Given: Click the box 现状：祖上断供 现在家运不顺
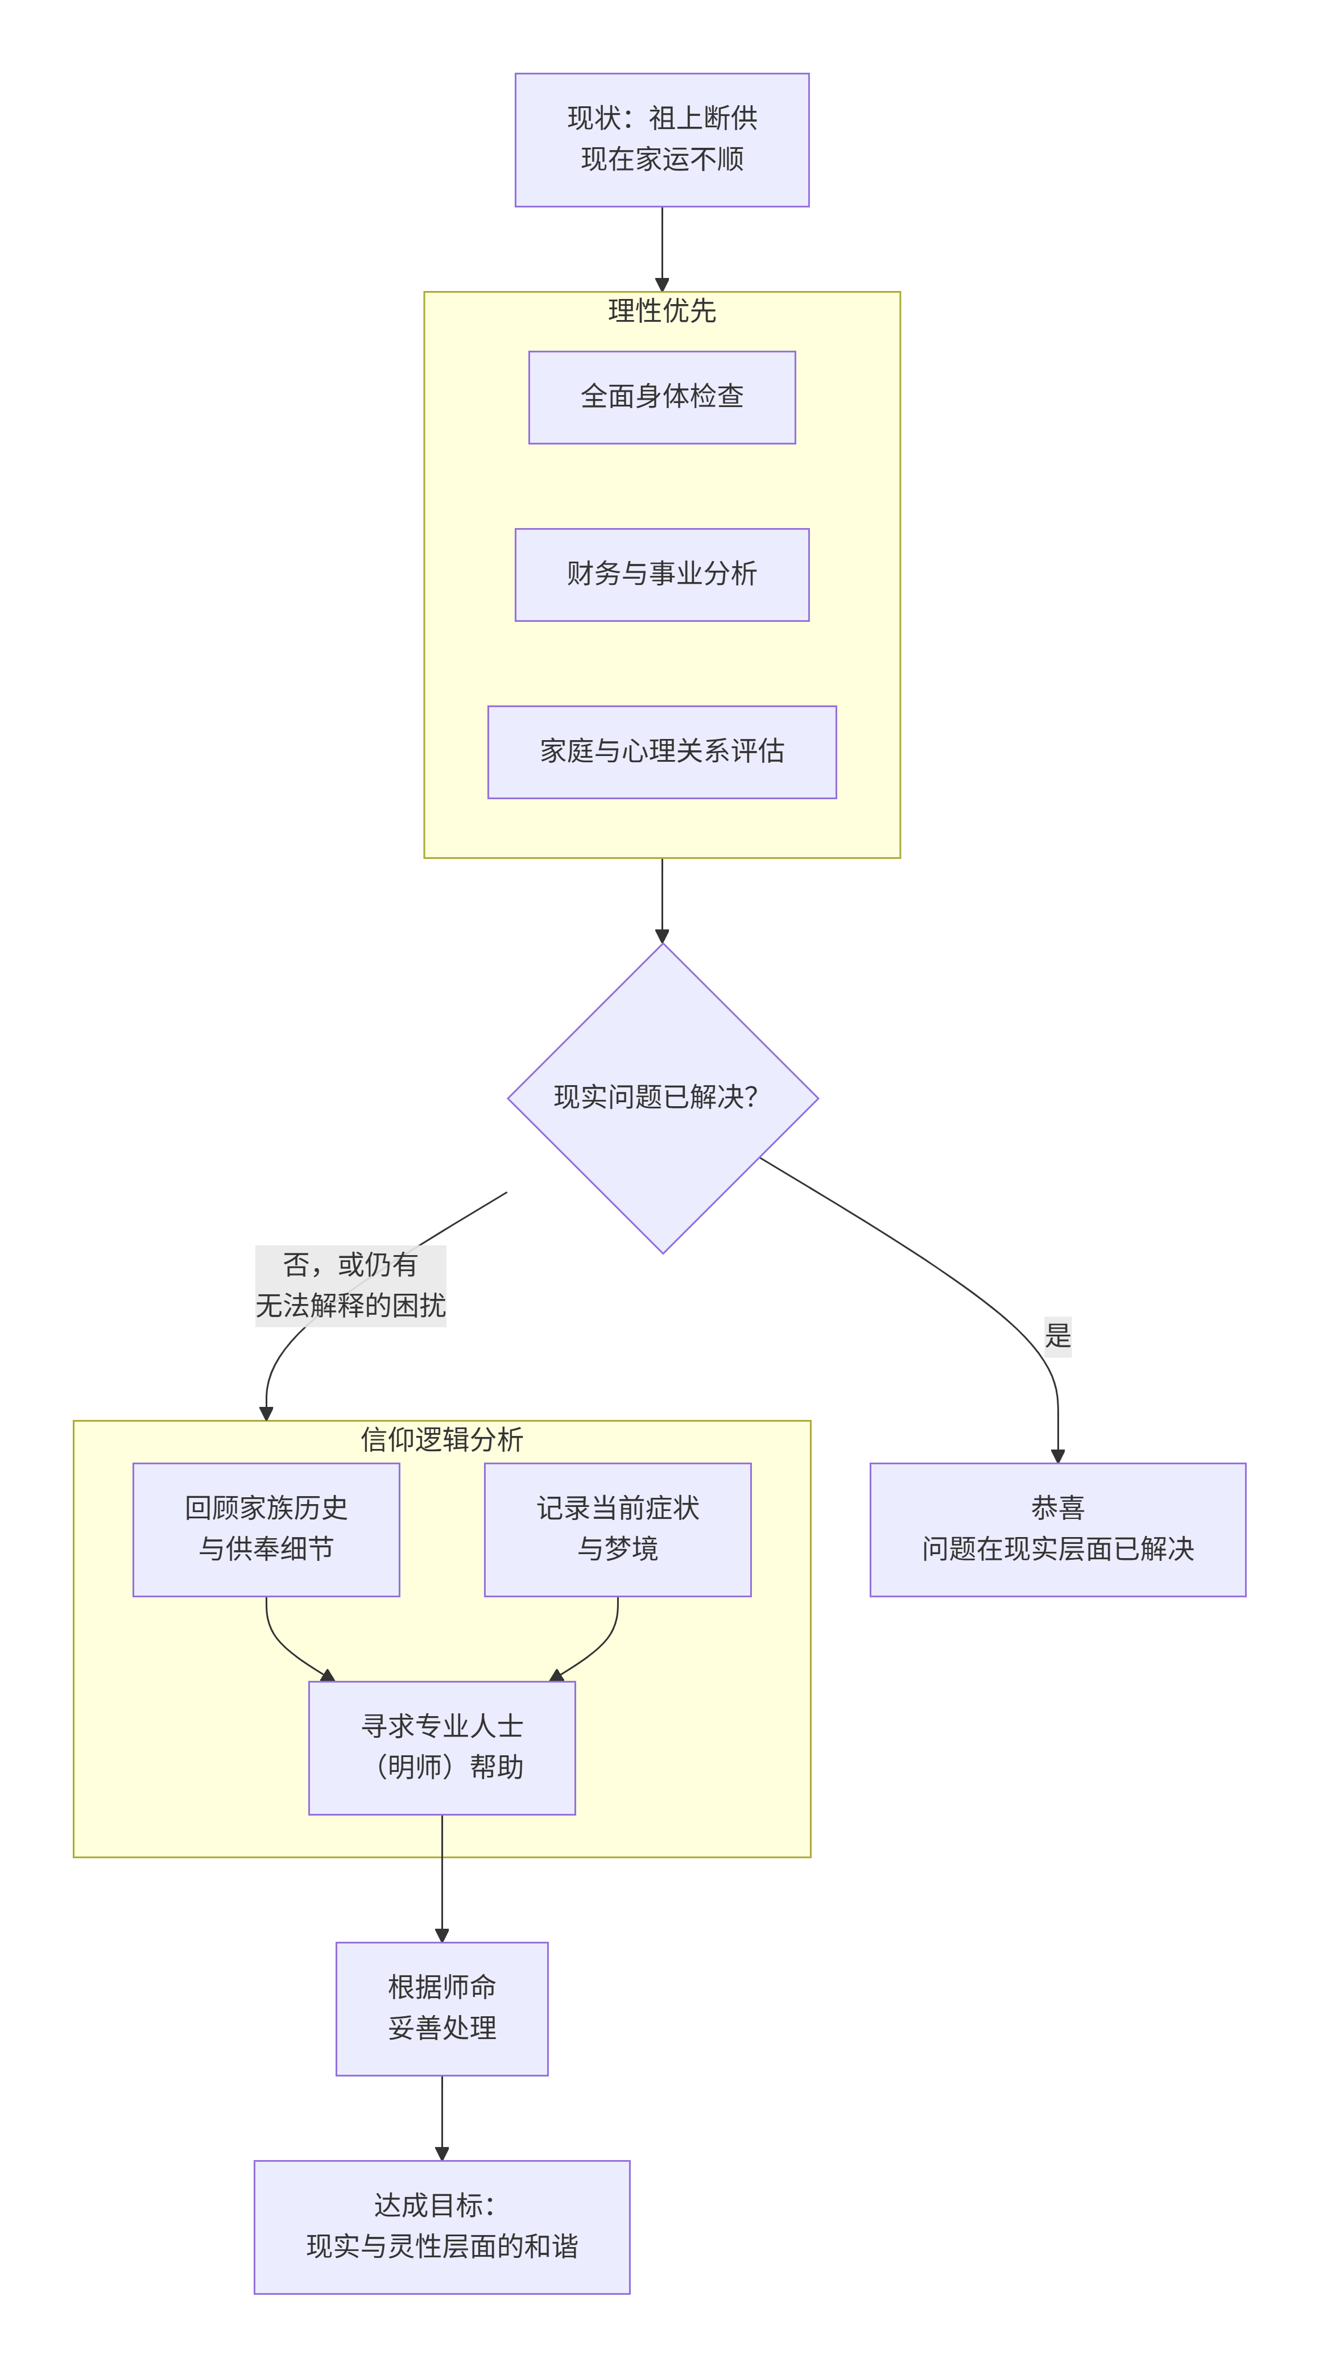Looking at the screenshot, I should [x=662, y=140].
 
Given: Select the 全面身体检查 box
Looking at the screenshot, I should [x=662, y=397].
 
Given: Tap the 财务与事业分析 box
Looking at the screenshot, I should [x=662, y=574].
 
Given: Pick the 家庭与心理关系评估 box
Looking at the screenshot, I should [x=662, y=751].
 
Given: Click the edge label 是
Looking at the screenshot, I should [x=1057, y=1336].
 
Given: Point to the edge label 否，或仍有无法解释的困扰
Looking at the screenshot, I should [x=350, y=1285].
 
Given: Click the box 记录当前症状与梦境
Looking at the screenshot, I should [x=618, y=1529].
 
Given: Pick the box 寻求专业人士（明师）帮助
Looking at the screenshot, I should [x=441, y=1748].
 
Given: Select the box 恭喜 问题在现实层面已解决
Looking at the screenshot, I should [x=1057, y=1529].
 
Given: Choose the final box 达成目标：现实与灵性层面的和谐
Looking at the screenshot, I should [x=441, y=2227].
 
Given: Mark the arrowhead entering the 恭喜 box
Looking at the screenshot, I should [x=1057, y=1455].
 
